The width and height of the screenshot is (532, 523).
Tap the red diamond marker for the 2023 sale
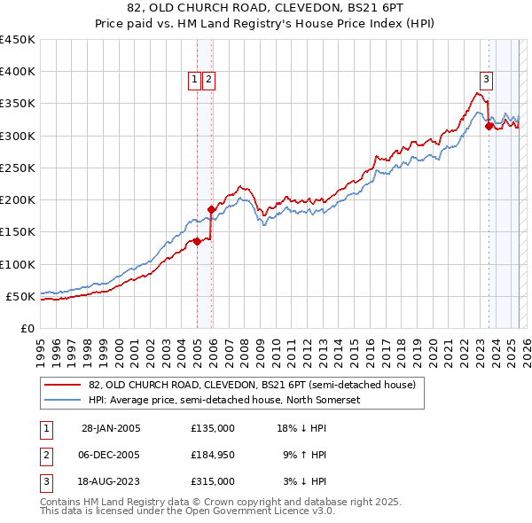tap(489, 127)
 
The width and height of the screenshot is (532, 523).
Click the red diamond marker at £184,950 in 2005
tap(211, 210)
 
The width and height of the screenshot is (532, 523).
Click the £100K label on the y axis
tap(18, 264)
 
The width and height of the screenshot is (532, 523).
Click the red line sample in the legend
tap(63, 385)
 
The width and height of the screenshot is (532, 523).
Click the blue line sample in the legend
tap(63, 400)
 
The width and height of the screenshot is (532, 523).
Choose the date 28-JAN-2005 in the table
tap(111, 428)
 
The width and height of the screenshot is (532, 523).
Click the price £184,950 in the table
tap(213, 455)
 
